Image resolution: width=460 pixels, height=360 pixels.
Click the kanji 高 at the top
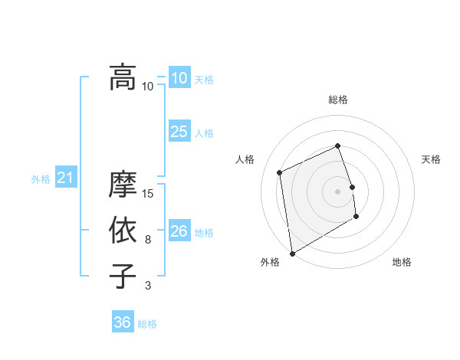point(122,77)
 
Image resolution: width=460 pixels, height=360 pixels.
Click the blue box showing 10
point(179,77)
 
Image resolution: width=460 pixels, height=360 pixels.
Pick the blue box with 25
point(179,132)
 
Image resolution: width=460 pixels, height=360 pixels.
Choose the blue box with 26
point(179,231)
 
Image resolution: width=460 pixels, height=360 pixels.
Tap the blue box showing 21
point(65,178)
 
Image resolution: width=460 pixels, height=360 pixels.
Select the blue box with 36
point(122,322)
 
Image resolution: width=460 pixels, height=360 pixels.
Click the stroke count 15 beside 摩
point(148,194)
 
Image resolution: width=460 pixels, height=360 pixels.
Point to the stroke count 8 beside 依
point(148,240)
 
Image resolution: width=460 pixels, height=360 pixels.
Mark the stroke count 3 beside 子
point(148,286)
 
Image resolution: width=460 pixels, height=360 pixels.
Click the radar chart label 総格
point(338,100)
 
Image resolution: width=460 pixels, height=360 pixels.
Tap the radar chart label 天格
point(431,159)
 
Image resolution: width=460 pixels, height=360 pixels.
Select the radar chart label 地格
point(402,263)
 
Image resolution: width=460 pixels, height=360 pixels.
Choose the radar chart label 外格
point(270,263)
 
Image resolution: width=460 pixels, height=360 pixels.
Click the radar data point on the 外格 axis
point(292,253)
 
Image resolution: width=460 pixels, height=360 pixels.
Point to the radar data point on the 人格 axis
point(280,172)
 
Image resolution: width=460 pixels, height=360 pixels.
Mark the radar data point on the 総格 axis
point(338,146)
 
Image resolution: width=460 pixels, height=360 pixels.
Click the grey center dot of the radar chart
point(338,191)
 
